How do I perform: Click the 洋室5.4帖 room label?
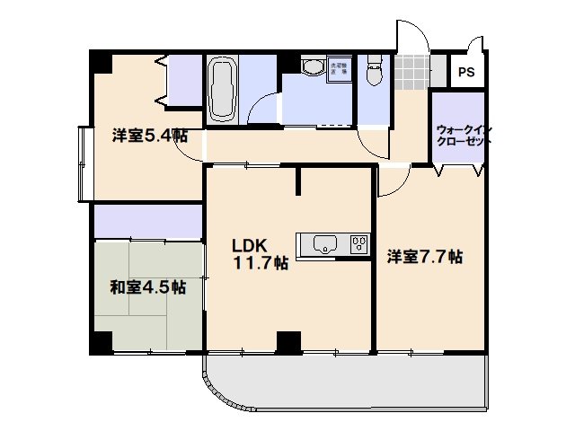coord(149,136)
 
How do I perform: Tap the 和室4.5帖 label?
coord(148,288)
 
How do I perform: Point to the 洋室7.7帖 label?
coord(425,257)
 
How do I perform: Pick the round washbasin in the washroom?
coord(313,69)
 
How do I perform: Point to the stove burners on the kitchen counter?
coord(359,244)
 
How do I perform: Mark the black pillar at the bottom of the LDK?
coord(287,342)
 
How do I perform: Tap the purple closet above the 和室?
coord(148,220)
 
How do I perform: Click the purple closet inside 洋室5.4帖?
coord(185,80)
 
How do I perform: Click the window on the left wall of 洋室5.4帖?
coord(84,164)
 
